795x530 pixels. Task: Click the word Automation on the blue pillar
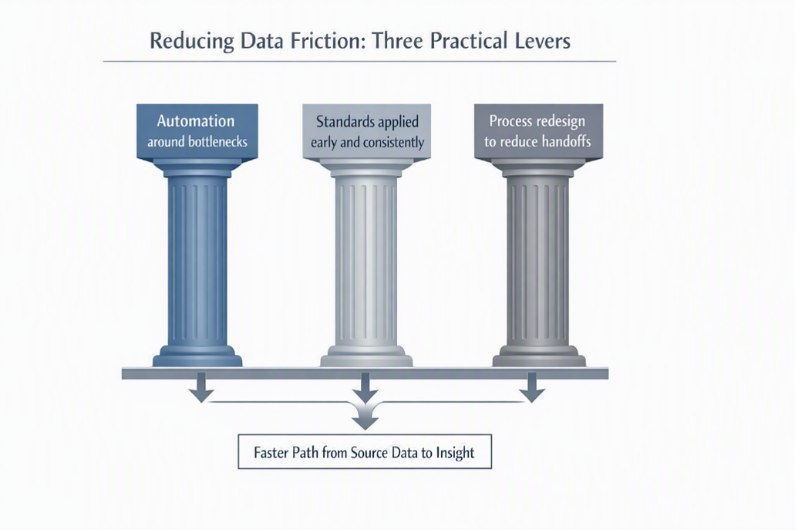click(196, 120)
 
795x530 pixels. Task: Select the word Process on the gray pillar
click(511, 121)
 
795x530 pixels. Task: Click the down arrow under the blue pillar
click(201, 387)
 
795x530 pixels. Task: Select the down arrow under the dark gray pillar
click(532, 387)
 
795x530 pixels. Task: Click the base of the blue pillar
click(197, 356)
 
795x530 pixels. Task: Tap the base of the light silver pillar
click(366, 356)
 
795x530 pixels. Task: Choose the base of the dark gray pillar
click(539, 356)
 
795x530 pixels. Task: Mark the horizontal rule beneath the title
click(359, 62)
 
